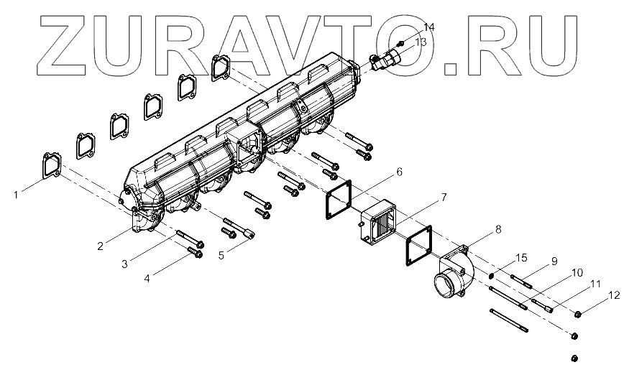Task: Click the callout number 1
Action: [16, 195]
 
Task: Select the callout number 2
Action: [101, 246]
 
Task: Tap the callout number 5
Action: [221, 255]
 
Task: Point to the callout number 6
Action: [399, 172]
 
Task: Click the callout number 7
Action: [444, 197]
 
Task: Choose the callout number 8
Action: [498, 229]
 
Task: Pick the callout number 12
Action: [614, 295]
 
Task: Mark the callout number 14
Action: [428, 27]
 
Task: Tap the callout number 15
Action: [521, 258]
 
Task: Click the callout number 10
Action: [577, 273]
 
